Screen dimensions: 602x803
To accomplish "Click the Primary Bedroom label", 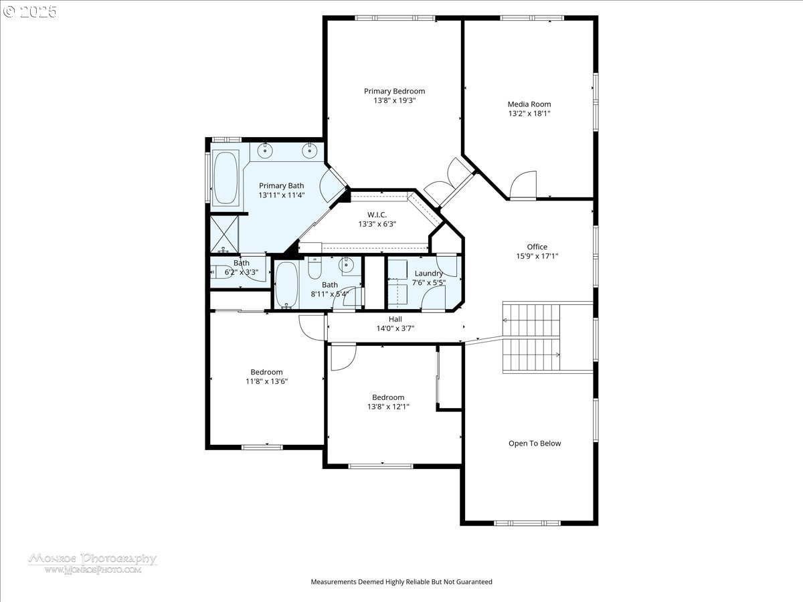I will [394, 91].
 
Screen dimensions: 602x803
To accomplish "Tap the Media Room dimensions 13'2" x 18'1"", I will [529, 114].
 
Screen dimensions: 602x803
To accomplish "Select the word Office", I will [537, 247].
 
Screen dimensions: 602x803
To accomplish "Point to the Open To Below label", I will [535, 443].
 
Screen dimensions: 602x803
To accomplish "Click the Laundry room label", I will [428, 274].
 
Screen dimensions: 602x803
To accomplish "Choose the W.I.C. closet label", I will [377, 215].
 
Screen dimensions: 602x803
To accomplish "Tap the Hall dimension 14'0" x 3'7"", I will [395, 328].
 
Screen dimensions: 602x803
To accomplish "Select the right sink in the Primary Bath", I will [310, 150].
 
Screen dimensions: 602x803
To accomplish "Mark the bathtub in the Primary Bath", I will [225, 177].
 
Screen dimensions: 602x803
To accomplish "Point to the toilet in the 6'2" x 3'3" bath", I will [218, 272].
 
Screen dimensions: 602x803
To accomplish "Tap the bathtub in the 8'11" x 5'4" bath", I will [286, 284].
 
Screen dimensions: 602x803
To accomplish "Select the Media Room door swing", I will [523, 185].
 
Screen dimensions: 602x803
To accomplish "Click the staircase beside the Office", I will [532, 338].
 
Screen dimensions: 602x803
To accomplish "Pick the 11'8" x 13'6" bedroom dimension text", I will [266, 381].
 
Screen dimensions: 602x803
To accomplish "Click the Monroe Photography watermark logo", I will [92, 563].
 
